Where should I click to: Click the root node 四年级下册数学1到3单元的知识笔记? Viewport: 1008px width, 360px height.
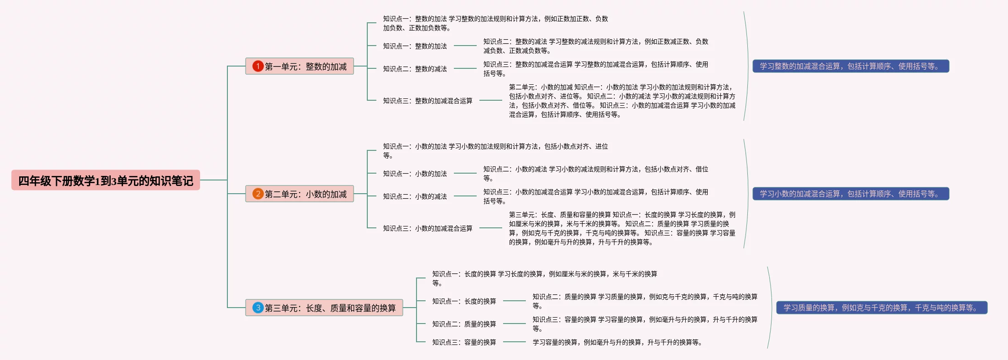tap(106, 180)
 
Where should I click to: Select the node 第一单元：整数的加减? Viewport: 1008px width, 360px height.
tap(299, 67)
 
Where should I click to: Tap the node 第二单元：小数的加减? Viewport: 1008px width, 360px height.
tap(299, 194)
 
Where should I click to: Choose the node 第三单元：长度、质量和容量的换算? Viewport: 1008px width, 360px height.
tap(324, 308)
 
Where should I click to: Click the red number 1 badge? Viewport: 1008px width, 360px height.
tap(258, 67)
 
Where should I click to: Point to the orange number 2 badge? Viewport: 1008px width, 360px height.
tap(258, 194)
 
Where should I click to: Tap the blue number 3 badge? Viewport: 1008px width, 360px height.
tap(258, 308)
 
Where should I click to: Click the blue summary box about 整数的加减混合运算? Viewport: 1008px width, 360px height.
tap(850, 67)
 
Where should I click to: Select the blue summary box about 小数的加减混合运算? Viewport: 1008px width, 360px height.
tap(850, 194)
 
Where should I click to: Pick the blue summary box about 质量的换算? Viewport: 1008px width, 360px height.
tap(881, 308)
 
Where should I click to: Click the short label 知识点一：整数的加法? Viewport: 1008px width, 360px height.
tap(415, 46)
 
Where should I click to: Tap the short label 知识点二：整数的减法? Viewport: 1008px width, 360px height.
tap(415, 69)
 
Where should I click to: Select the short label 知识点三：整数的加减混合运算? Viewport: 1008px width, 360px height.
tap(427, 101)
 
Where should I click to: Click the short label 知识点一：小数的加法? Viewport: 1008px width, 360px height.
tap(415, 174)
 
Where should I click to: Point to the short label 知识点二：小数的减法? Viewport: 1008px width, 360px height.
tap(415, 196)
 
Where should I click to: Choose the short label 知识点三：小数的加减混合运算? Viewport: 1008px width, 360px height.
tap(427, 228)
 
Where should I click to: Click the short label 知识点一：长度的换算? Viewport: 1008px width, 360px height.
tap(464, 301)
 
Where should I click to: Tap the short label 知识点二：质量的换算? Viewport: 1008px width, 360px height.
tap(464, 324)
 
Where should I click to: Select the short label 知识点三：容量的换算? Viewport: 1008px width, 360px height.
tap(464, 342)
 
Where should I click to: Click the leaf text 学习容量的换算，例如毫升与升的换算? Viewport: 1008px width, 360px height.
tap(617, 342)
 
